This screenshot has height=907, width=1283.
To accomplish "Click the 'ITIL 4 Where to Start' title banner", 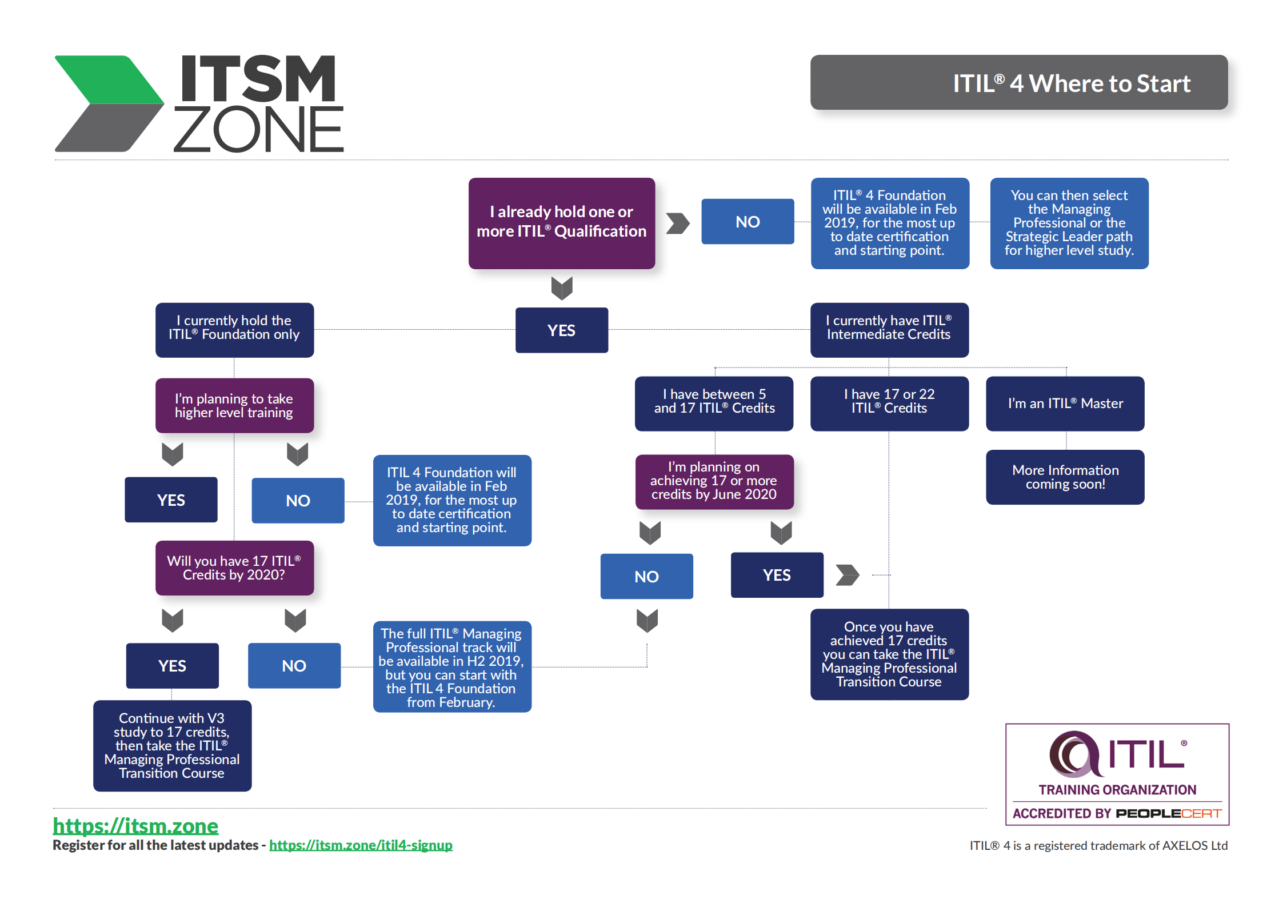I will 1018,83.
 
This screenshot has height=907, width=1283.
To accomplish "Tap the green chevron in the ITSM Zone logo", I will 111,80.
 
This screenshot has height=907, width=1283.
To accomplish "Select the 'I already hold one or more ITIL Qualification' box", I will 561,223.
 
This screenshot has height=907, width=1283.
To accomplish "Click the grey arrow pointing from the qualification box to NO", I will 678,223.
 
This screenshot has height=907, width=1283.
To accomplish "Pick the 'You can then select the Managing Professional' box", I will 1069,223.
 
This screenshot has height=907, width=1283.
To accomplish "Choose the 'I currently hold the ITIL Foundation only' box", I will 234,330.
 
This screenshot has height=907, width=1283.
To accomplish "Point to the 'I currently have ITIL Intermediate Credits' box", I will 889,330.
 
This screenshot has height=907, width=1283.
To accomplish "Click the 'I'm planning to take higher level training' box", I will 234,405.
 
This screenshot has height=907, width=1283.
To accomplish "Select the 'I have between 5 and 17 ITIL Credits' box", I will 714,403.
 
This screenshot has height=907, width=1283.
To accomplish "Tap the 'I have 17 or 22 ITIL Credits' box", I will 889,403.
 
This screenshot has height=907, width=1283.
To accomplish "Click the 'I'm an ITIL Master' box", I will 1065,403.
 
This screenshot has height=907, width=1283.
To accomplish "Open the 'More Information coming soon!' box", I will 1065,477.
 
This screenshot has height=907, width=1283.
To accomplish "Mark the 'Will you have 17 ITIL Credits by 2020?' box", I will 234,568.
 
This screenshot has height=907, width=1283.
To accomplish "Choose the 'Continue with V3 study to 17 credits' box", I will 172,745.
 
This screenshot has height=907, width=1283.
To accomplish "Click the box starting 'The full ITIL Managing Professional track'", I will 451,666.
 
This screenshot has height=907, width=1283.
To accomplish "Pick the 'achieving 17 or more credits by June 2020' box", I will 714,481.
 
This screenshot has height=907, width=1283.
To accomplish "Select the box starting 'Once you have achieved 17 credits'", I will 889,654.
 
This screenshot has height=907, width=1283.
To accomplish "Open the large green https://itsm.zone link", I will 135,826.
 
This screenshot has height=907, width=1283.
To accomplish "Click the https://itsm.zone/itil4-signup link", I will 361,845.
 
